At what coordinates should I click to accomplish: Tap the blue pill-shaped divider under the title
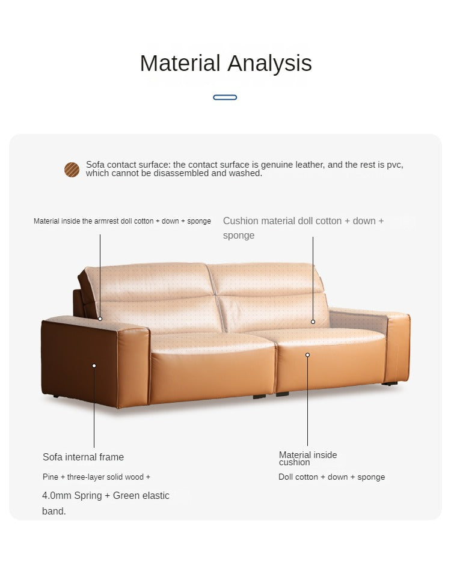coord(225,97)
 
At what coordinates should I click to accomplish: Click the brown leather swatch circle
coord(72,169)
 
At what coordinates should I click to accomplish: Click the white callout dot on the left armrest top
coord(100,319)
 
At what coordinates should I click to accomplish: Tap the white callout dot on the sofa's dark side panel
coord(94,365)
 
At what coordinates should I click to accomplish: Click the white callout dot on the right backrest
coord(313,322)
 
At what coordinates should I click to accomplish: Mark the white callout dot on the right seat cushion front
coord(307,355)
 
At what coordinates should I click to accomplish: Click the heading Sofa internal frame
coord(83,457)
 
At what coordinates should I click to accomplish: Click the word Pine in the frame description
coord(50,477)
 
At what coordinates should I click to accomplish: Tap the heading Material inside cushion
coord(308,459)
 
